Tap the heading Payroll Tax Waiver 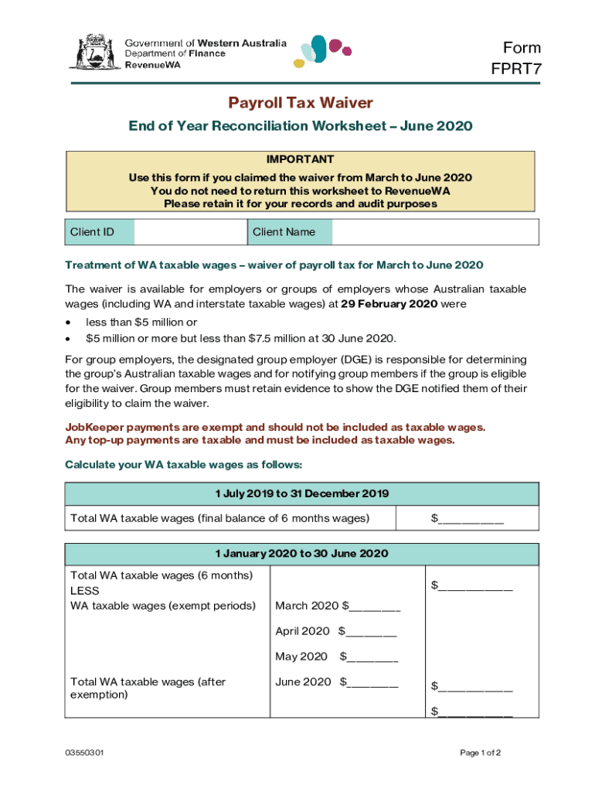pyautogui.click(x=300, y=103)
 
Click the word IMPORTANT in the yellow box pyautogui.click(x=300, y=159)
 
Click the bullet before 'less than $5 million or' pyautogui.click(x=70, y=322)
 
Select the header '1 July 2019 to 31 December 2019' pyautogui.click(x=301, y=493)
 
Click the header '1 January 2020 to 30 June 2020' pyautogui.click(x=301, y=554)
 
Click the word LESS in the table pyautogui.click(x=84, y=591)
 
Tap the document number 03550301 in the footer pyautogui.click(x=84, y=753)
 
